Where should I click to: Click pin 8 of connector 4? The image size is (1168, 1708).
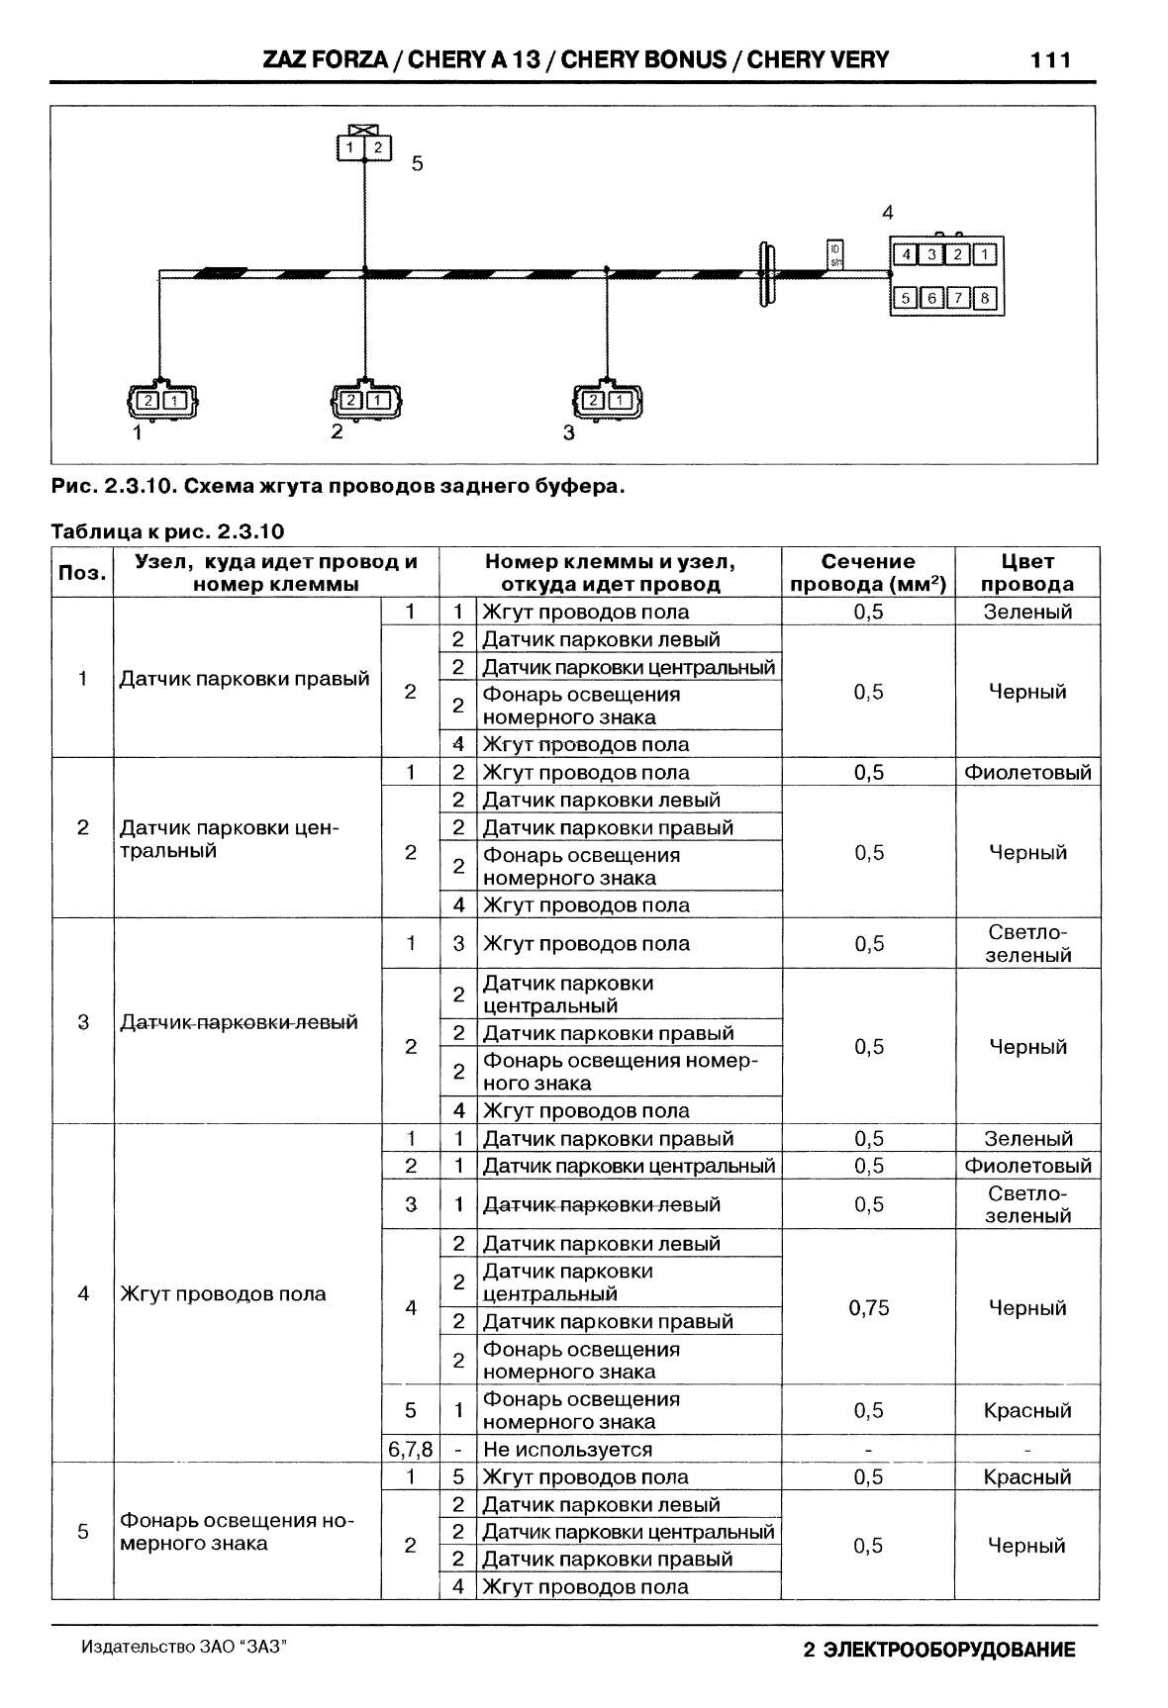tap(984, 298)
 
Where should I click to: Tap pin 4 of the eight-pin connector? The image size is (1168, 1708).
tap(906, 254)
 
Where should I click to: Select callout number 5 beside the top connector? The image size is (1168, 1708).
tap(417, 163)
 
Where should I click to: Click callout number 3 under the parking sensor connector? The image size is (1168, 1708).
tap(568, 432)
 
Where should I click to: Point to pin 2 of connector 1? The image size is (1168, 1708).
tap(147, 401)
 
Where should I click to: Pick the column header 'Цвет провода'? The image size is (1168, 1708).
tap(1026, 573)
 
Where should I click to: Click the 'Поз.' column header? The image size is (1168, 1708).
tap(82, 573)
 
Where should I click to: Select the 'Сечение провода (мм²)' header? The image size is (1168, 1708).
tap(868, 573)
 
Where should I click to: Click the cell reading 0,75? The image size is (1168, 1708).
tap(868, 1307)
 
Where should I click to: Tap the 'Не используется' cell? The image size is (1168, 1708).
tap(567, 1449)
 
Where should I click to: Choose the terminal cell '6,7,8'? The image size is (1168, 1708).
tap(410, 1449)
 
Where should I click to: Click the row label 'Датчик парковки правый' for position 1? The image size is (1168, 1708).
tap(244, 679)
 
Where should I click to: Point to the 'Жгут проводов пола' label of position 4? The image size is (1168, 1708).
tap(223, 1293)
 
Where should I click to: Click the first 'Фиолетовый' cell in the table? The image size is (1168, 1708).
tap(1027, 772)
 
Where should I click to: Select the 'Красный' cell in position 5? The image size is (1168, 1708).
tap(1027, 1476)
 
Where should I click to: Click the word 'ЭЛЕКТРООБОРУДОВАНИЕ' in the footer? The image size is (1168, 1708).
tap(949, 1650)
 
